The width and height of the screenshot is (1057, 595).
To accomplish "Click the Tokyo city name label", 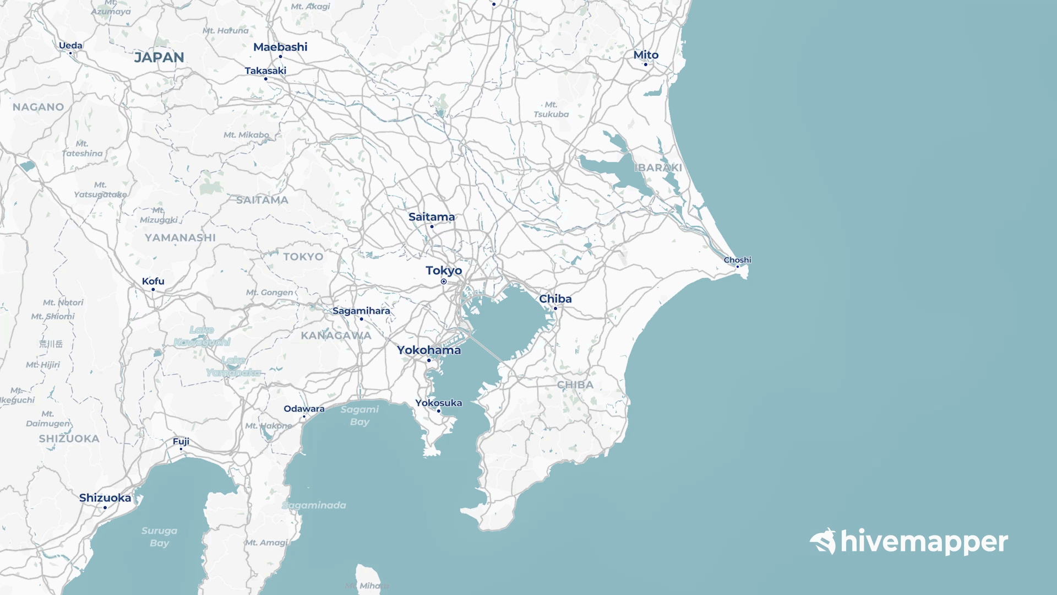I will (444, 271).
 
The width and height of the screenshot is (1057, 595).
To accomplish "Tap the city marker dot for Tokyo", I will (444, 282).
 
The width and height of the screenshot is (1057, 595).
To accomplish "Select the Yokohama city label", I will (429, 350).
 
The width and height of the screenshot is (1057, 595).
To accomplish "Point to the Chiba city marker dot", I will (555, 309).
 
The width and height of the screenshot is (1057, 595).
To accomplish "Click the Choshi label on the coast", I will (737, 260).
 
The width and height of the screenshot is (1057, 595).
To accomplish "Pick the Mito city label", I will (646, 55).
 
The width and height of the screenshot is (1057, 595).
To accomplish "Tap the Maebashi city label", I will (280, 47).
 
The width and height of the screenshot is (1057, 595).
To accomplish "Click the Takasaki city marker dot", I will (266, 79).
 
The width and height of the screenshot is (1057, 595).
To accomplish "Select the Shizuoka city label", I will (105, 498).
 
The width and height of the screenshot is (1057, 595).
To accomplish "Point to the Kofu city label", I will (153, 282).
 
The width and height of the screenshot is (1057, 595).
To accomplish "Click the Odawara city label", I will (304, 409).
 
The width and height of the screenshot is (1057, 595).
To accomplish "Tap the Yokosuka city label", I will (439, 403).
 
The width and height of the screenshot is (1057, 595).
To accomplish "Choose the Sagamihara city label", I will (361, 311).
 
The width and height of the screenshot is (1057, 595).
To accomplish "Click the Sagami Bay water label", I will (359, 415).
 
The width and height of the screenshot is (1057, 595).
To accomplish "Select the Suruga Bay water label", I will (159, 537).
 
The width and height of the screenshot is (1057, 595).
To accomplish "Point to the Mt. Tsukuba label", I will (551, 110).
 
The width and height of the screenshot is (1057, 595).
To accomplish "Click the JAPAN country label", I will (159, 57).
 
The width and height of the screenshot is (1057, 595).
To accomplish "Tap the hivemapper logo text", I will (924, 542).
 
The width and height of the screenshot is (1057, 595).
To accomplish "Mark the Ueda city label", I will (70, 46).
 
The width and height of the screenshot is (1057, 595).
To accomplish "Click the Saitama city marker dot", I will (432, 226).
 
